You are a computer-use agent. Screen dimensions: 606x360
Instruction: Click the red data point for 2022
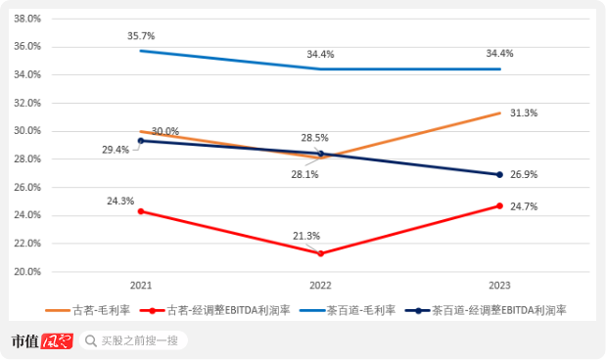click(x=320, y=253)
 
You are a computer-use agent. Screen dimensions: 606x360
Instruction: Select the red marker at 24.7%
click(x=499, y=205)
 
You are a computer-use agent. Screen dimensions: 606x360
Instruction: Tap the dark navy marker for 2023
click(x=499, y=174)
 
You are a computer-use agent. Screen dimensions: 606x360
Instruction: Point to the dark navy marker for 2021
click(x=141, y=141)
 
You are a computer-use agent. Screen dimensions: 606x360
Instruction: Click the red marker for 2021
click(x=141, y=211)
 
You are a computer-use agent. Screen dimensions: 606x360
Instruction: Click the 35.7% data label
click(x=141, y=36)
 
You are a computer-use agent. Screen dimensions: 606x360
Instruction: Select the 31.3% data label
click(x=524, y=112)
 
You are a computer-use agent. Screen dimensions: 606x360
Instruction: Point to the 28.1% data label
click(x=304, y=174)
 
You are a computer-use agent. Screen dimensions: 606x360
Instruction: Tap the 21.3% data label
click(x=306, y=236)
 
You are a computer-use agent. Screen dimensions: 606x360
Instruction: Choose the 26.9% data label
click(x=524, y=174)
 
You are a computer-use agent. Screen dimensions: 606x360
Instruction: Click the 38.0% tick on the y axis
click(x=27, y=19)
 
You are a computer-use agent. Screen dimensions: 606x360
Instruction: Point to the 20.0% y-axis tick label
click(x=27, y=272)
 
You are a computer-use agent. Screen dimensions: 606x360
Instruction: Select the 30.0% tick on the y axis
click(x=27, y=130)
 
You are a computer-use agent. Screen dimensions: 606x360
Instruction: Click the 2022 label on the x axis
click(x=320, y=286)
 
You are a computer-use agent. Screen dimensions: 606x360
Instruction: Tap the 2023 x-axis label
click(x=499, y=286)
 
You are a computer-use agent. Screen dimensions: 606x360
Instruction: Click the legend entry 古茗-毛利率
click(x=88, y=310)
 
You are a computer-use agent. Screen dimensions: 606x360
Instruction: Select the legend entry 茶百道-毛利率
click(x=348, y=310)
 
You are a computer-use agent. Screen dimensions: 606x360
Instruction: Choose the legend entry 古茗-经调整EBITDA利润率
click(x=214, y=310)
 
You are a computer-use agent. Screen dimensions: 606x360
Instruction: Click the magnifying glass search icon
click(x=91, y=340)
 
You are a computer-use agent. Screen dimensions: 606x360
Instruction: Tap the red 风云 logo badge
click(x=57, y=341)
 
